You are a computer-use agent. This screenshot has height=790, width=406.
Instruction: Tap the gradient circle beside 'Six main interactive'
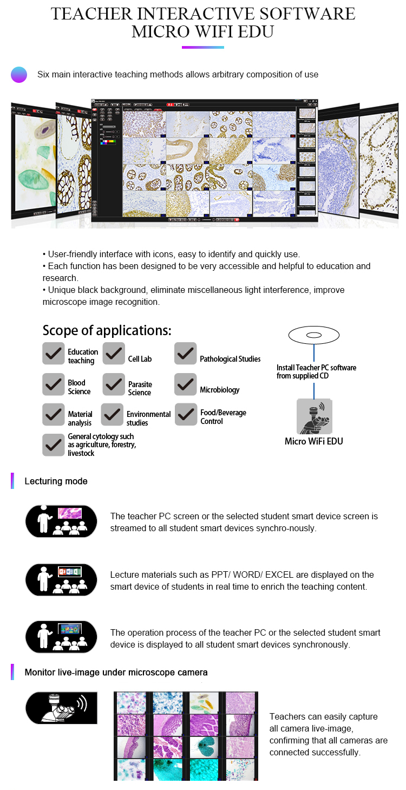pyautogui.click(x=19, y=75)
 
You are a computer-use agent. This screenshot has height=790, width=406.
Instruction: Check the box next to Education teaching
pyautogui.click(x=54, y=354)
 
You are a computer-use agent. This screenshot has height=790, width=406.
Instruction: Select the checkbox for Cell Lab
pyautogui.click(x=114, y=354)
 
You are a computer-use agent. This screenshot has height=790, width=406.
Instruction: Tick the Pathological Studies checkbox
pyautogui.click(x=186, y=354)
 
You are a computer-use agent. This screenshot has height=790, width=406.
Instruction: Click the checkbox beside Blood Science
pyautogui.click(x=54, y=384)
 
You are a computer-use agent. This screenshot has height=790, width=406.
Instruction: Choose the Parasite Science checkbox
pyautogui.click(x=114, y=384)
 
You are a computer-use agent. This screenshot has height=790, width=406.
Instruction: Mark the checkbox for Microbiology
pyautogui.click(x=186, y=384)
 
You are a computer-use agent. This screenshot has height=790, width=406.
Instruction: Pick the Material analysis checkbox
pyautogui.click(x=54, y=415)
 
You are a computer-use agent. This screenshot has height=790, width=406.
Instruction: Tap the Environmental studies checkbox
pyautogui.click(x=113, y=415)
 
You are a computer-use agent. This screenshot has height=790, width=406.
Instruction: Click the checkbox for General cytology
pyautogui.click(x=54, y=445)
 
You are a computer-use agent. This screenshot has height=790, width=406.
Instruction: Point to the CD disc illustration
pyautogui.click(x=314, y=335)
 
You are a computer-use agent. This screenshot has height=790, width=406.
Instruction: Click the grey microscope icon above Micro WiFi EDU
pyautogui.click(x=315, y=416)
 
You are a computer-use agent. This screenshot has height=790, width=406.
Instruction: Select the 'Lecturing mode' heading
pyautogui.click(x=56, y=481)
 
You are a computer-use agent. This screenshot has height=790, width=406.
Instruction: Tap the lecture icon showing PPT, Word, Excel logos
pyautogui.click(x=61, y=580)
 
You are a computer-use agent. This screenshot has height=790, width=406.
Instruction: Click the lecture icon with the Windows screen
pyautogui.click(x=61, y=637)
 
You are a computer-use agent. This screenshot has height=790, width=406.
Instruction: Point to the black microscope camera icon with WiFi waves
pyautogui.click(x=61, y=708)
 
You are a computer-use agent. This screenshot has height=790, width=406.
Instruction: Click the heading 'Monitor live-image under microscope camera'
pyautogui.click(x=116, y=673)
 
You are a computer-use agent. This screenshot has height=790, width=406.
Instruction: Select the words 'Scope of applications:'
pyautogui.click(x=107, y=330)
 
